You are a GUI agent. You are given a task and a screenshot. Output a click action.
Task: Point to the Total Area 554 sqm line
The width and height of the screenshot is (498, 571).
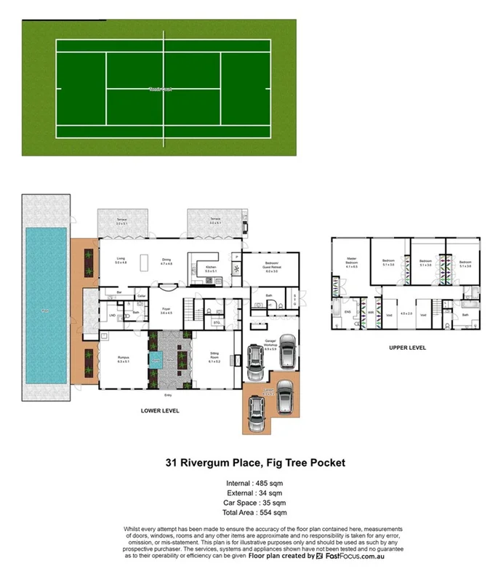click(x=249, y=514)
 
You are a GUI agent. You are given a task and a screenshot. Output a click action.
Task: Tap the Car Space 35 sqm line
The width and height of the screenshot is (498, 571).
click(x=249, y=503)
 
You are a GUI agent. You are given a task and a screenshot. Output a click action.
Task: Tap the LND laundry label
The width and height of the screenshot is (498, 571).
click(x=111, y=314)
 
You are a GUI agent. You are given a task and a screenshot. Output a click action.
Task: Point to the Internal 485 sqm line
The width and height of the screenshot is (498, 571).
click(x=249, y=482)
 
